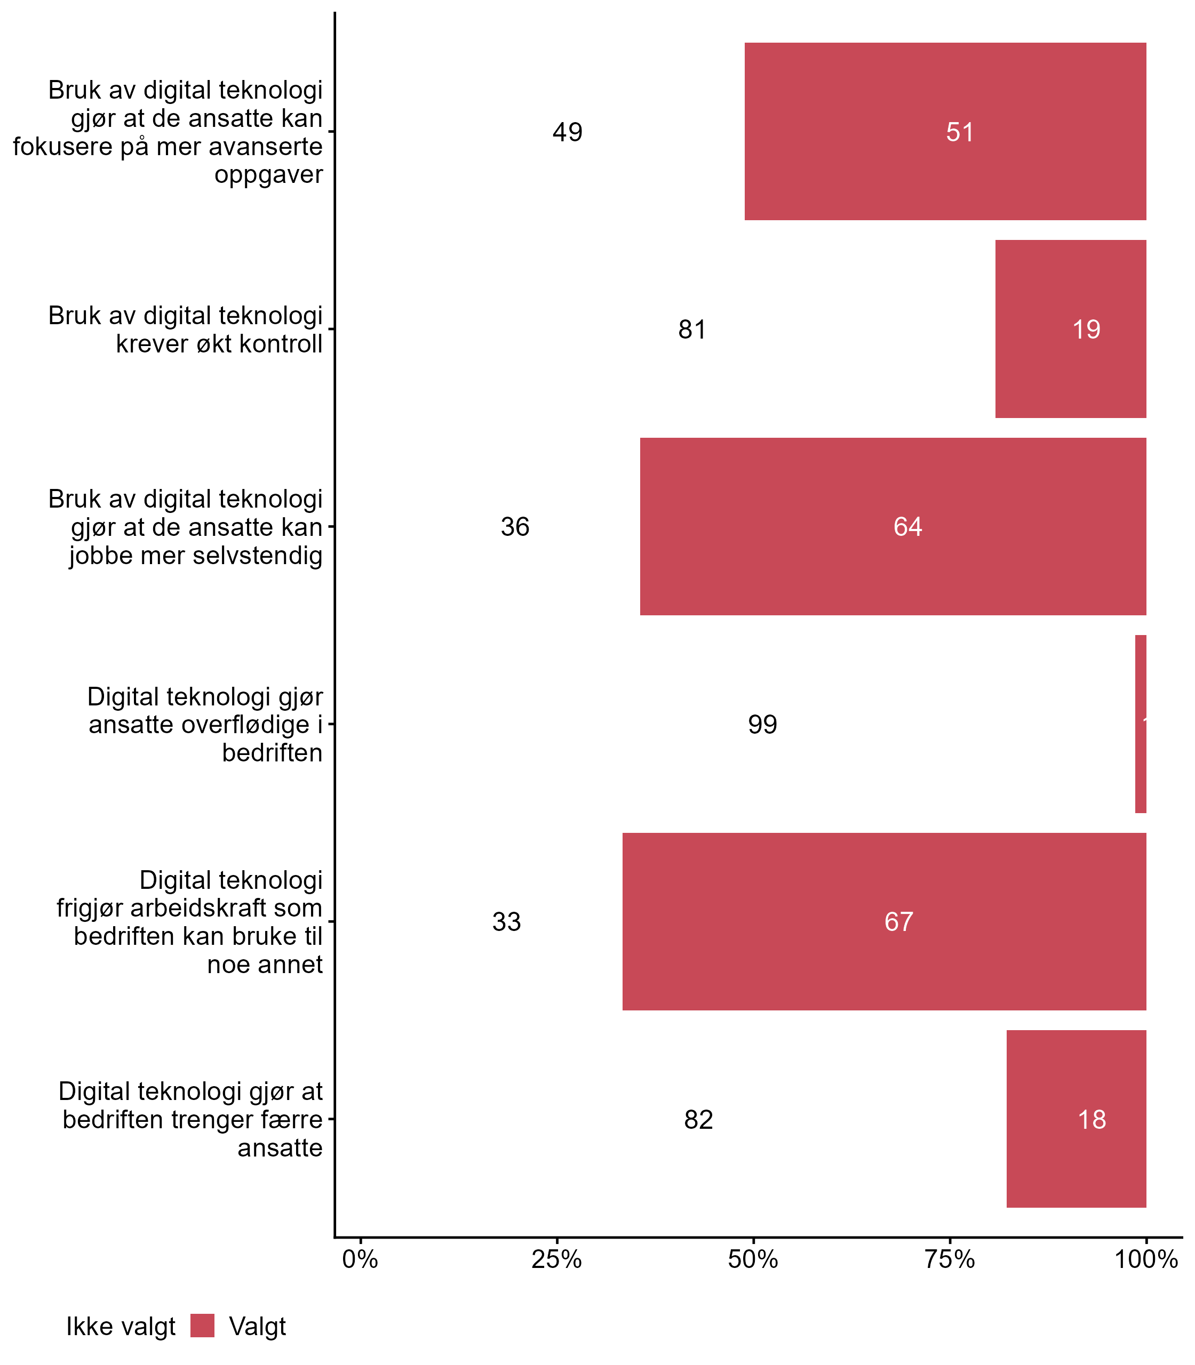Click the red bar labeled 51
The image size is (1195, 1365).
(x=945, y=131)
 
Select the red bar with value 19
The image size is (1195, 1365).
(x=1070, y=328)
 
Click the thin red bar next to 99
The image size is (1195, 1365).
(x=1141, y=724)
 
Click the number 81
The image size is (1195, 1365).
(x=692, y=330)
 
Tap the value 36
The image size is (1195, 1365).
(x=515, y=527)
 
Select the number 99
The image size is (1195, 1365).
(x=762, y=725)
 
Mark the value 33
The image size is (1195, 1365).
(x=506, y=922)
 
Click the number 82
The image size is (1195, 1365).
(x=698, y=1119)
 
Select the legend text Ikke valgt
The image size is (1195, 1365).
(x=120, y=1327)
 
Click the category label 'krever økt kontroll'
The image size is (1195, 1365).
(x=219, y=343)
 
